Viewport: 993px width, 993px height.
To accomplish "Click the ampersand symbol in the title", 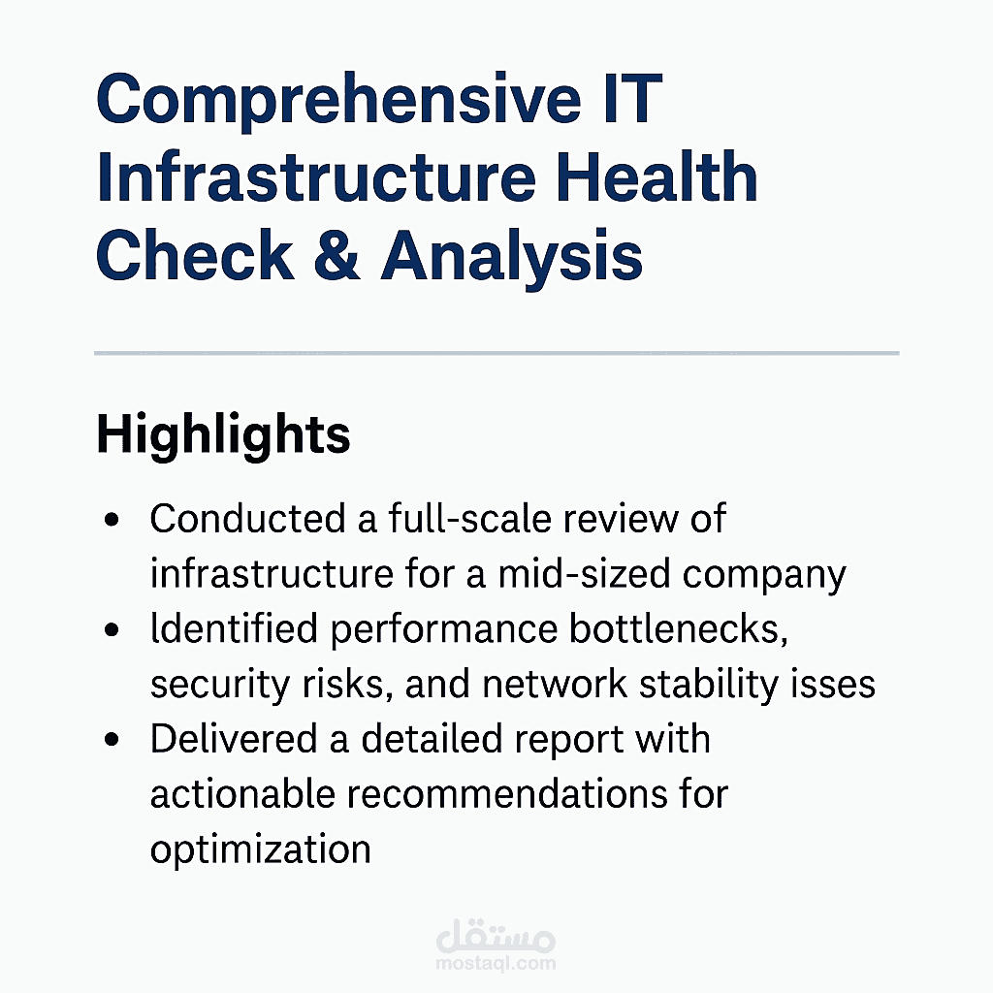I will [x=336, y=256].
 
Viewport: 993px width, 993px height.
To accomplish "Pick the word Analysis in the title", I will [x=512, y=256].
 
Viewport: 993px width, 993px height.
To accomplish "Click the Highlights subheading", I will [x=223, y=435].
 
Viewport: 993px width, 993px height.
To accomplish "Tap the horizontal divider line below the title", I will [x=496, y=354].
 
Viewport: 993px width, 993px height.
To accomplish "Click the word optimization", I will [x=260, y=850].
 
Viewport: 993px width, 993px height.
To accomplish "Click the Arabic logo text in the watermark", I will [x=496, y=937].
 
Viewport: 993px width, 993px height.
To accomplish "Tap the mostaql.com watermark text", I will [x=496, y=963].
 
